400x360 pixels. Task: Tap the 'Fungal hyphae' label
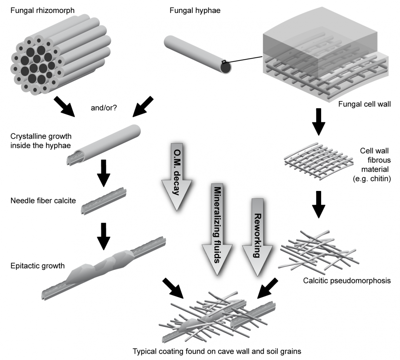point(195,11)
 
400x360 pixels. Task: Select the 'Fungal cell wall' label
point(364,104)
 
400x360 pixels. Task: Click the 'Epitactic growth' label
point(33,265)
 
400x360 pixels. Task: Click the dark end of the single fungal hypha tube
point(226,68)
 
